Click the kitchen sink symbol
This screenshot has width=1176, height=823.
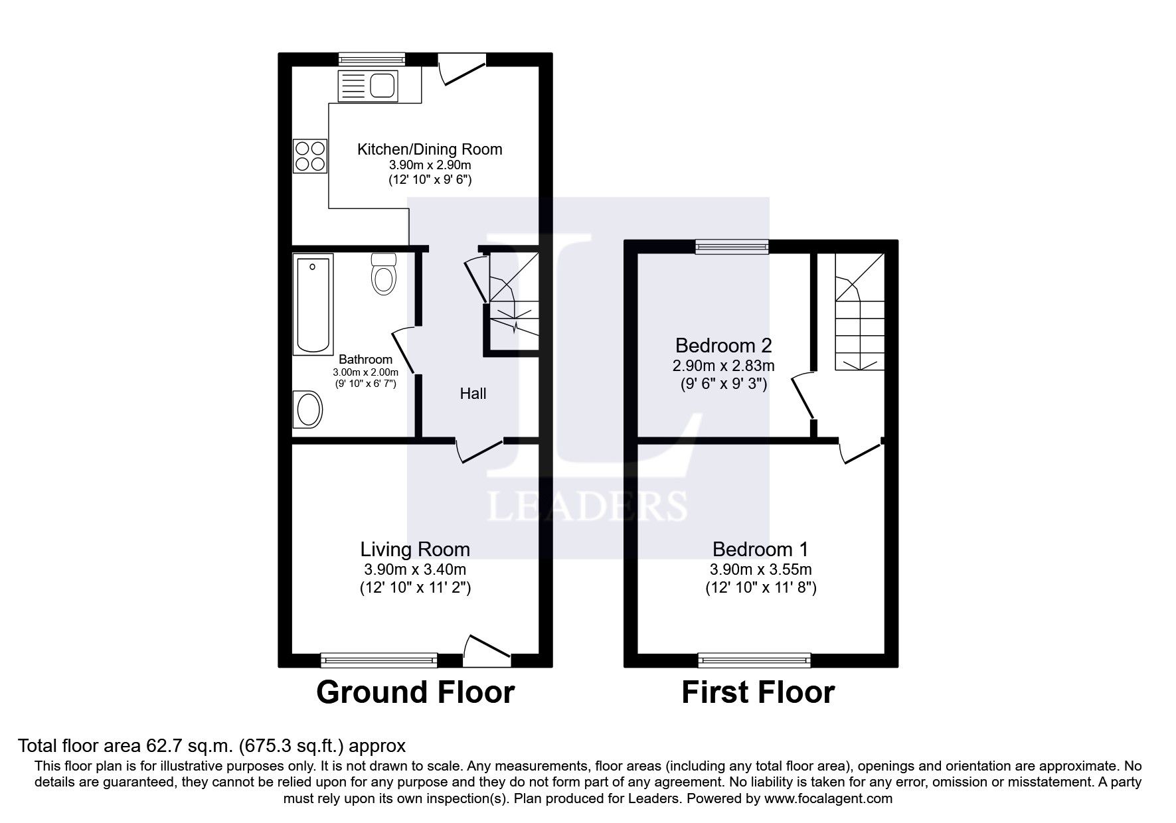pos(367,86)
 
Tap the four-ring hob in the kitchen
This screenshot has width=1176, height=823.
pos(310,156)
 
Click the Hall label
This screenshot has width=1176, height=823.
pos(473,394)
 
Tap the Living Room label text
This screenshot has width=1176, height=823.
pos(415,549)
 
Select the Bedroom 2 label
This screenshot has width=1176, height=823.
pos(723,345)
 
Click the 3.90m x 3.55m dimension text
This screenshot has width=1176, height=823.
pos(760,569)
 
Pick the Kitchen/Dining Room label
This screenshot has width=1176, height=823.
pos(430,149)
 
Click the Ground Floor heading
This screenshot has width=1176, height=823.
pos(415,692)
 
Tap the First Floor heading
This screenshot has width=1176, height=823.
pos(758,692)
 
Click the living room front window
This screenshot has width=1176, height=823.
pos(378,659)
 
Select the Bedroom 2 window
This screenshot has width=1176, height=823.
pos(732,247)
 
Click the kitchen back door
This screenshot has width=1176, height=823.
pos(462,68)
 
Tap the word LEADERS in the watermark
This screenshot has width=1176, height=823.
pos(587,506)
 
